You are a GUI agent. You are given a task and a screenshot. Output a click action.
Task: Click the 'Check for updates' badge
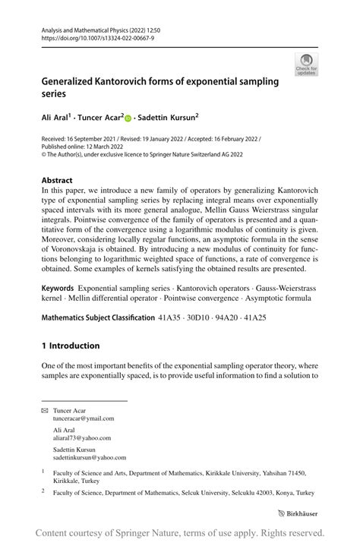click(306, 64)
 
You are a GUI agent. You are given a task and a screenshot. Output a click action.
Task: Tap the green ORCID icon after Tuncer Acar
click(128, 118)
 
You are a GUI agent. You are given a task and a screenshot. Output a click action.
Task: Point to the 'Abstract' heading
click(58, 181)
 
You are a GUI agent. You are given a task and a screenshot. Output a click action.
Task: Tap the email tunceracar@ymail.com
click(84, 418)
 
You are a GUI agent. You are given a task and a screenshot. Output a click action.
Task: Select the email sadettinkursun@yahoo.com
click(89, 458)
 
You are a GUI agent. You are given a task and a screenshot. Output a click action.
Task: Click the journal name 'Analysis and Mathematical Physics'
click(87, 27)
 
